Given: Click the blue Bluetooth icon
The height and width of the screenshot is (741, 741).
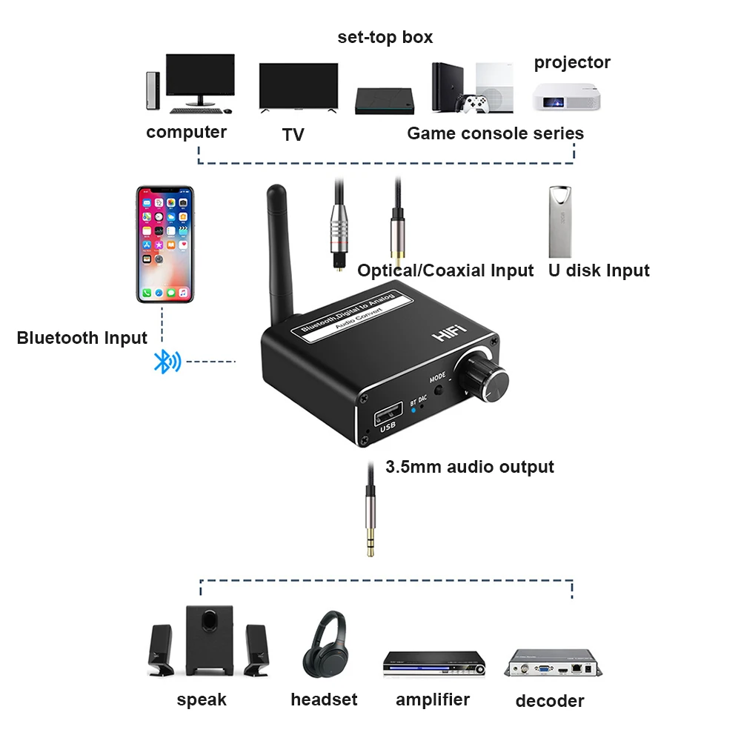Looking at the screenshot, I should pyautogui.click(x=166, y=362).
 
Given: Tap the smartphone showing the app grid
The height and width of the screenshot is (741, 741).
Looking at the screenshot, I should pyautogui.click(x=165, y=244).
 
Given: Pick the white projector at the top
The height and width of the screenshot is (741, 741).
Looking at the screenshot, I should pyautogui.click(x=562, y=96).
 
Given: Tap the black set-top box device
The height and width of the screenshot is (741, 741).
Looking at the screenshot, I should pyautogui.click(x=383, y=101).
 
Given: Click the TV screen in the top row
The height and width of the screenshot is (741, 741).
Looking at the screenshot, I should pyautogui.click(x=299, y=87).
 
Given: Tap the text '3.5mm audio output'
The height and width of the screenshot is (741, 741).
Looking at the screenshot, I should pyautogui.click(x=470, y=467).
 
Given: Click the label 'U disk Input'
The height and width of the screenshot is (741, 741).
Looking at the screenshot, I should pyautogui.click(x=599, y=270).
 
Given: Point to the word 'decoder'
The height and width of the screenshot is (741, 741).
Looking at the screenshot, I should pyautogui.click(x=550, y=701).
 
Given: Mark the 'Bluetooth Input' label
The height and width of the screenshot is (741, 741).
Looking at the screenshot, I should pyautogui.click(x=82, y=338).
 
